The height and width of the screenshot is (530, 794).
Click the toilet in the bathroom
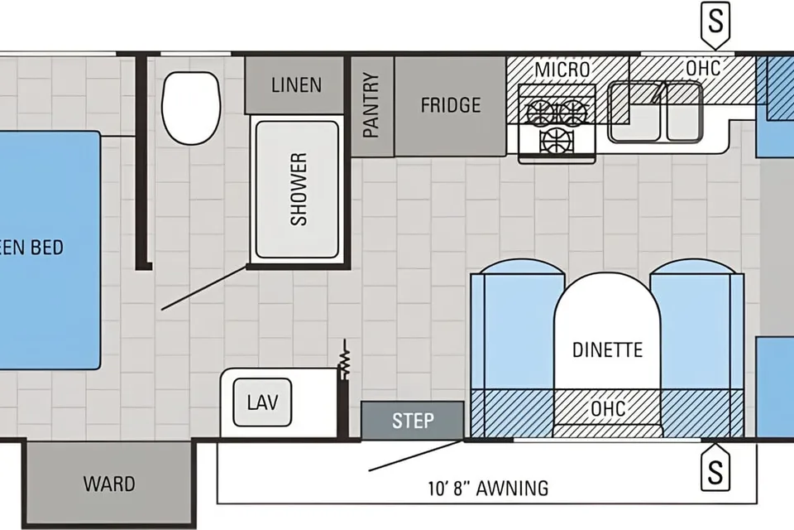coord(191,108)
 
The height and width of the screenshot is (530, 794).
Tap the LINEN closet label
coord(296,85)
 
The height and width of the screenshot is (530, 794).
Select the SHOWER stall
coord(297,189)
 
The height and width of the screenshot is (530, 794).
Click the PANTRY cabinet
coord(372,106)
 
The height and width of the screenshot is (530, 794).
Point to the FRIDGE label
coord(451,105)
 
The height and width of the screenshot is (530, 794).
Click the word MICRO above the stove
coord(562,70)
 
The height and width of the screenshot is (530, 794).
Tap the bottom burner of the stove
coord(557,140)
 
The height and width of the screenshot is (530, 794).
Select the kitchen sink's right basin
coord(684,112)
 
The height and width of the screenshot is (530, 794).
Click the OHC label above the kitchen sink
coord(703,68)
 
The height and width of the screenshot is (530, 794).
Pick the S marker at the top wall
coord(715,23)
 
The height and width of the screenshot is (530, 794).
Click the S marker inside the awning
coord(715,470)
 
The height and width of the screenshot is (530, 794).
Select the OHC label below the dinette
coord(608,409)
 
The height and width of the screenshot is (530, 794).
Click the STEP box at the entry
coord(412,421)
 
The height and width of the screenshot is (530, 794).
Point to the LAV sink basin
coord(262,402)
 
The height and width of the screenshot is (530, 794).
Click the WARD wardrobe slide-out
coord(109,484)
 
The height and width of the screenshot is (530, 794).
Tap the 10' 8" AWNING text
coord(488,489)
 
